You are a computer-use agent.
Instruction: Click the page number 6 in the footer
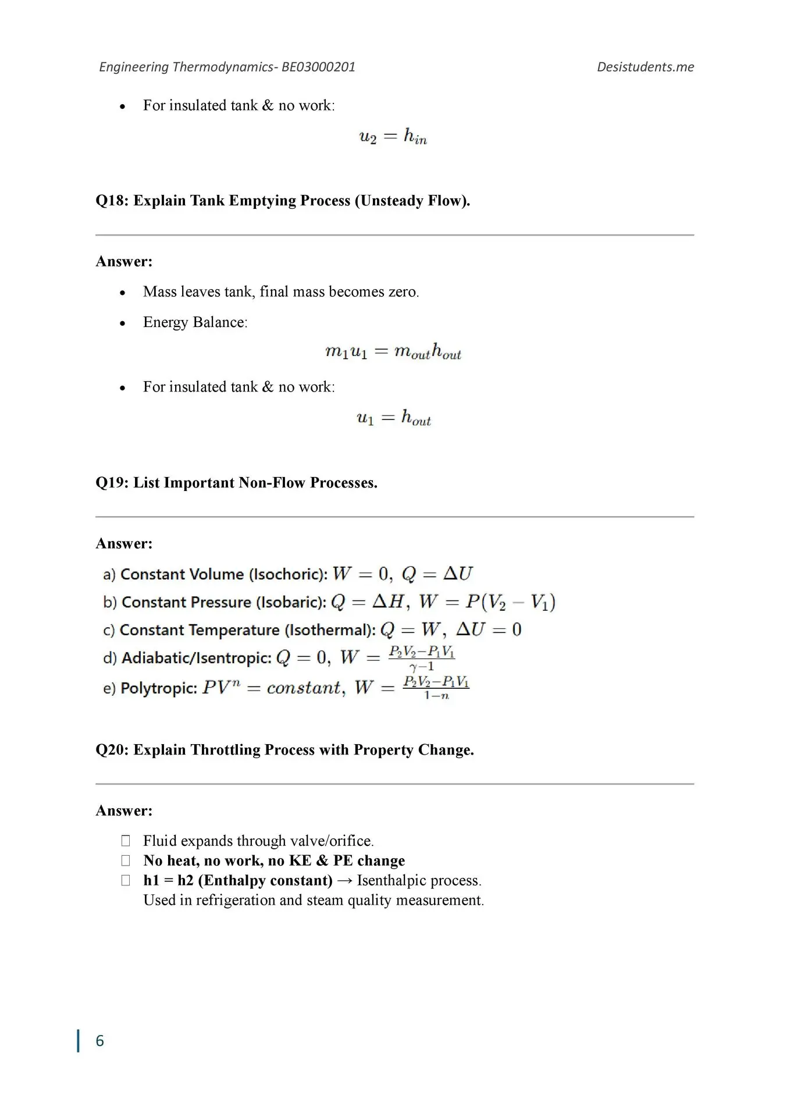pos(99,1041)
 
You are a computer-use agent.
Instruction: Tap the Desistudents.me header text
pos(645,67)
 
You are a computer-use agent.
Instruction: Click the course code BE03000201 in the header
pos(318,67)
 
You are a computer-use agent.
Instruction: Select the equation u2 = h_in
pos(393,137)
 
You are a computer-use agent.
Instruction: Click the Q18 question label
pos(112,201)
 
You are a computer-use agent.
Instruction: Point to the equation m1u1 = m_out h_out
pos(393,352)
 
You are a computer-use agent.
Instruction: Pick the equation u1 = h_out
pos(393,418)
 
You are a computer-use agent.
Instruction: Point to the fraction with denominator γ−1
pos(422,659)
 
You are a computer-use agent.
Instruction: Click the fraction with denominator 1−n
pos(436,688)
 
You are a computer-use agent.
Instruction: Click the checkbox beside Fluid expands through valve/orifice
pos(126,841)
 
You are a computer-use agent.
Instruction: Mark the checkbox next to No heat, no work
pos(126,860)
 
